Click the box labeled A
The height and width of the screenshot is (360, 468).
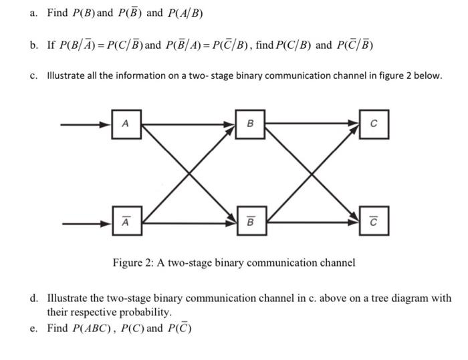point(126,125)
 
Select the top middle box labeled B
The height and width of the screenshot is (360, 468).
point(250,125)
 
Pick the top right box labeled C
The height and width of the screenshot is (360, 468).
point(374,125)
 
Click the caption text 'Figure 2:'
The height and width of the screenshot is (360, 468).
point(133,262)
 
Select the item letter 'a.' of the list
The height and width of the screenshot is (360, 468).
point(33,13)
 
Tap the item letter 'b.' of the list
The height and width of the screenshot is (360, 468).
point(33,46)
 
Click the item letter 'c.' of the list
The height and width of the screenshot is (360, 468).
point(33,76)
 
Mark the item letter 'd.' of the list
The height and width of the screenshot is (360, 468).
point(33,299)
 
